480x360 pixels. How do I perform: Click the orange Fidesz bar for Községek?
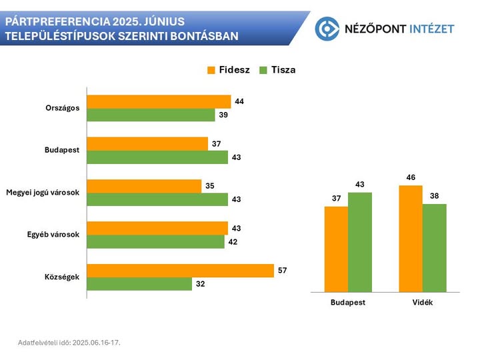tap(180, 271)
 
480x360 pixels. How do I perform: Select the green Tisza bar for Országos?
tap(151, 115)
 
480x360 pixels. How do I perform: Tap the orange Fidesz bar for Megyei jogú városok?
tap(144, 186)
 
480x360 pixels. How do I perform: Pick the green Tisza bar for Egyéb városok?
tap(156, 241)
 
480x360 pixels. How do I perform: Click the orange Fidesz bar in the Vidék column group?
tap(411, 239)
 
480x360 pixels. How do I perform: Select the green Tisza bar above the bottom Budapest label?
tap(359, 242)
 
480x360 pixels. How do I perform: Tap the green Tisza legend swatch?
tap(263, 70)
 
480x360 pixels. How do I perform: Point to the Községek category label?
tap(62, 277)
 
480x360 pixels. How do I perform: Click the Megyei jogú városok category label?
tap(42, 193)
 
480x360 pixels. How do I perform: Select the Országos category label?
tap(63, 108)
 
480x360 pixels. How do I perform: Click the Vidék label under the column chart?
tap(423, 302)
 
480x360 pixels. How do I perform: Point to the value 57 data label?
tap(282, 271)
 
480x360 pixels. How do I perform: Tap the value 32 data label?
tap(200, 284)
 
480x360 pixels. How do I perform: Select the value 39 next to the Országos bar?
tap(224, 115)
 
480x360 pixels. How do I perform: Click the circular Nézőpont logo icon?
tap(327, 28)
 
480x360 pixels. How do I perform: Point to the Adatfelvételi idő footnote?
tap(69, 342)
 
